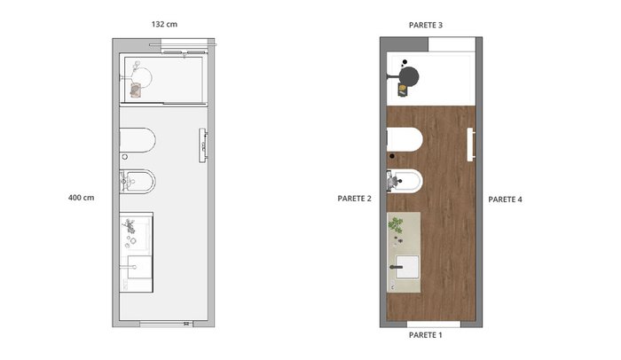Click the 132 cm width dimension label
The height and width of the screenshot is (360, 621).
(x=164, y=24)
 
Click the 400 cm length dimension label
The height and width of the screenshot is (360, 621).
(x=82, y=198)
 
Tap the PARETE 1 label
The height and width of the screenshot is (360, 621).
(x=425, y=335)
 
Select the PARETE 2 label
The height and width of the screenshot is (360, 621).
(x=355, y=199)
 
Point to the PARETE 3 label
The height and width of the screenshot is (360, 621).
(x=425, y=25)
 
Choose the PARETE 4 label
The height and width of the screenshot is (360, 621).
(x=505, y=200)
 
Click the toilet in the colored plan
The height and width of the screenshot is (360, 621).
(x=405, y=139)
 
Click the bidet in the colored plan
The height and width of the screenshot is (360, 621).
(x=405, y=182)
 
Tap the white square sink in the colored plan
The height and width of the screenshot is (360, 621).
(x=407, y=267)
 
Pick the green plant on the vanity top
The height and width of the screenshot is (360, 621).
(x=396, y=225)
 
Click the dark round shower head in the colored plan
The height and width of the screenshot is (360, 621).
(x=409, y=76)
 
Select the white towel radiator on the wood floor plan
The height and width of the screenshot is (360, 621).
(x=471, y=145)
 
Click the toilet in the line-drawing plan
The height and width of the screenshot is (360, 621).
(x=138, y=140)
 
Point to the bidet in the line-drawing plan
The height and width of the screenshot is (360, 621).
(x=138, y=182)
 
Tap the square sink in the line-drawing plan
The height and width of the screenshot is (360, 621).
(x=139, y=267)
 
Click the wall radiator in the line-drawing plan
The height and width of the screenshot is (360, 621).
(x=203, y=145)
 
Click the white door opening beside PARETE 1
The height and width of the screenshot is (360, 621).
(x=434, y=325)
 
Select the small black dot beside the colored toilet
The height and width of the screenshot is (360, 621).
(x=392, y=156)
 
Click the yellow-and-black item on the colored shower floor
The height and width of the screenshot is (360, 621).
(x=403, y=90)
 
